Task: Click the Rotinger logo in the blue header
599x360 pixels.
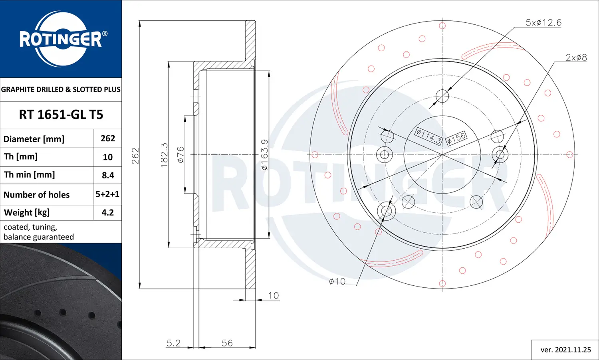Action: tap(61, 39)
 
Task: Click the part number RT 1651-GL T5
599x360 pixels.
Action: tap(61, 115)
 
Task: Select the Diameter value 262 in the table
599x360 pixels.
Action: tap(108, 138)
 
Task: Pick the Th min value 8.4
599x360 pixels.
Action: tap(108, 175)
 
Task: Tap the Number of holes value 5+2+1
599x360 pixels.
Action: tap(107, 194)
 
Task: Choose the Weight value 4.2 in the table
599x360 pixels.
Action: tap(108, 213)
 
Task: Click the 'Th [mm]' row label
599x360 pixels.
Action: tap(21, 156)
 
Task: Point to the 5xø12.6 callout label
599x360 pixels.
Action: tap(543, 23)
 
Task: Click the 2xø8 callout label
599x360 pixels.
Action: tap(576, 57)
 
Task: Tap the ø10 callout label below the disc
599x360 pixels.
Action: tap(337, 281)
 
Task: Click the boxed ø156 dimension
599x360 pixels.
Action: tap(456, 138)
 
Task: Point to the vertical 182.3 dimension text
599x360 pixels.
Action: tap(164, 155)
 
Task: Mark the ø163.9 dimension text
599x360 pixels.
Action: tap(264, 154)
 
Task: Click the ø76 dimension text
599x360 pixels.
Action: tap(180, 154)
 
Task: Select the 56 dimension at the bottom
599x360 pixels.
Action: tap(227, 343)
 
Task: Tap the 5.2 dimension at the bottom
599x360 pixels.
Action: tap(173, 343)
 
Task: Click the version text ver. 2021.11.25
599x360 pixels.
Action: tap(565, 350)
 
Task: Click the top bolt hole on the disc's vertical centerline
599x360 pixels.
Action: tap(442, 96)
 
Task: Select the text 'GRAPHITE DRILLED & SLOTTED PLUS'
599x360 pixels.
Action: tap(61, 89)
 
